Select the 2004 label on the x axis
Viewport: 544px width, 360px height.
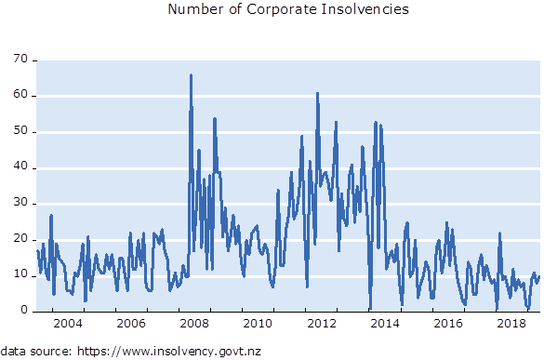68,324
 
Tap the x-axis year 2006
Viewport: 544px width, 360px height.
131,324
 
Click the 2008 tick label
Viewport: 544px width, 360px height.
194,324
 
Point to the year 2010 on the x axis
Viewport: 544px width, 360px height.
258,324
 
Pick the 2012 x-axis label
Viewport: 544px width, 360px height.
322,324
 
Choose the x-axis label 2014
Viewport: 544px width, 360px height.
385,324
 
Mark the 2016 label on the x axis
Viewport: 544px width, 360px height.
448,324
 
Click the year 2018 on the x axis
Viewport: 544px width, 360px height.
511,324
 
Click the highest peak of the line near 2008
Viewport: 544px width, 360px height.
191,75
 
